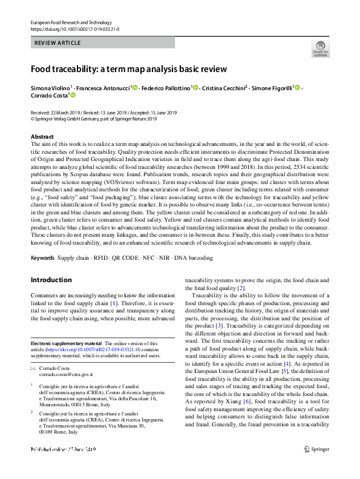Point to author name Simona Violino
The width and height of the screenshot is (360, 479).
pos(50,88)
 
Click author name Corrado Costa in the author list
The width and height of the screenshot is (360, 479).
pos(50,96)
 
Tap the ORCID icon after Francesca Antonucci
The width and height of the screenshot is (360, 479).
pos(135,88)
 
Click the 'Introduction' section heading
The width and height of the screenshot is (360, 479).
pos(51,280)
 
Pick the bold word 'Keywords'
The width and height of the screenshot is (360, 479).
pos(42,258)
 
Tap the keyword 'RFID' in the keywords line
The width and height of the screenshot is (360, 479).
pos(97,258)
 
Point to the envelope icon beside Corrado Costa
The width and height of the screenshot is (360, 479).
pos(33,369)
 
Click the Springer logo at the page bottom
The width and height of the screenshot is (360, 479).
pos(319,466)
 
